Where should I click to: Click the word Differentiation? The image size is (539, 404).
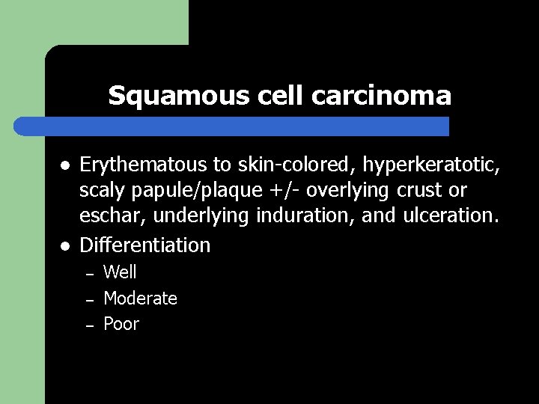tap(145, 245)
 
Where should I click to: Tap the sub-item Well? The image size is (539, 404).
tap(120, 272)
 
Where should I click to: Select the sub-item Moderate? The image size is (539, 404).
tap(140, 299)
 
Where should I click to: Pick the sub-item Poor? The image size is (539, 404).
tap(121, 324)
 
